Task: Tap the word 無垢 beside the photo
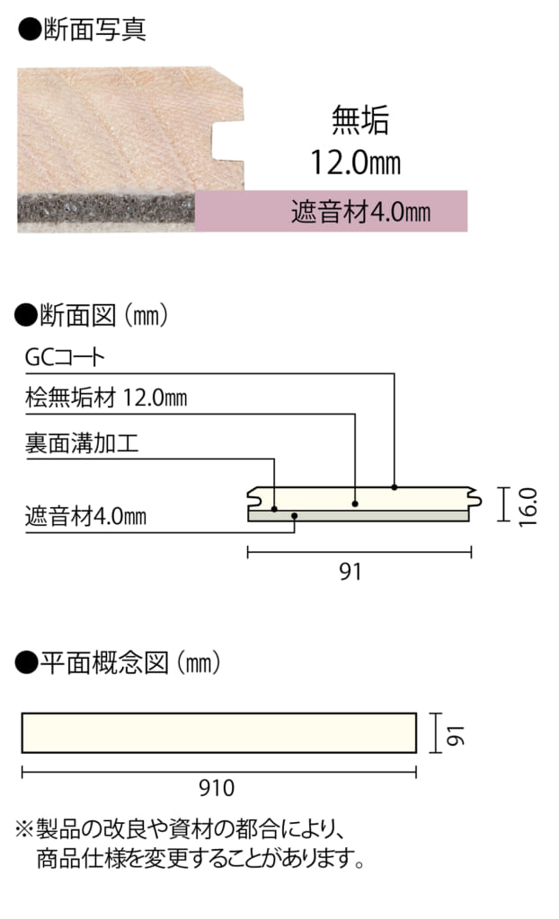click(x=359, y=120)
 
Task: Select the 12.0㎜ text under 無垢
click(x=355, y=162)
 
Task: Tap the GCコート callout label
click(x=65, y=358)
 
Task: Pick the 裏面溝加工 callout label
click(x=82, y=442)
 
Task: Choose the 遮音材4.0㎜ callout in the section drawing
click(x=85, y=517)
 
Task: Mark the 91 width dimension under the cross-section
click(x=350, y=570)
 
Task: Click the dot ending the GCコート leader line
click(x=395, y=487)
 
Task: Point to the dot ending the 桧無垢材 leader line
click(x=356, y=504)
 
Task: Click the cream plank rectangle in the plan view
click(x=218, y=732)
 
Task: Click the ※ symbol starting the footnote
click(x=24, y=826)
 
